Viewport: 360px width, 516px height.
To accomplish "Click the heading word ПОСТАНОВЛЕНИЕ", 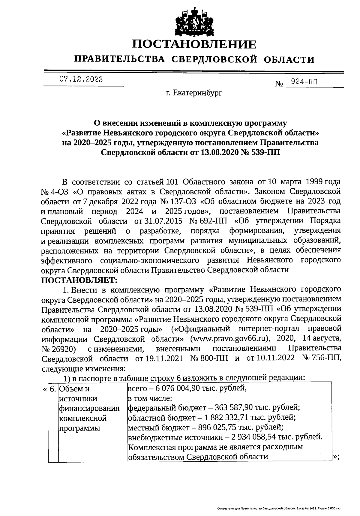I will tap(195, 44).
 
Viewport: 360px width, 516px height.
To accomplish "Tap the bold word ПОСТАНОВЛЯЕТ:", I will tap(79, 280).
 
